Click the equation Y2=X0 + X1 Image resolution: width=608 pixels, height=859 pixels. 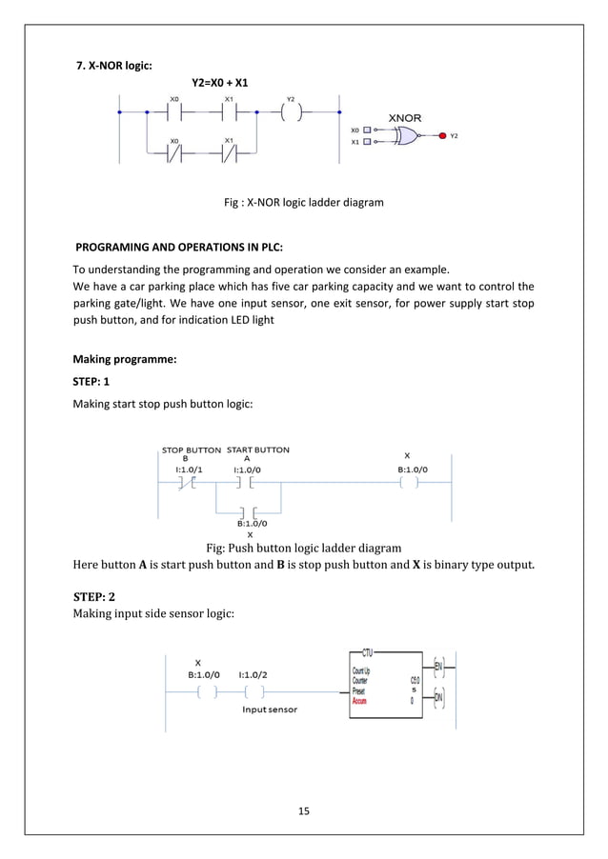[x=221, y=83]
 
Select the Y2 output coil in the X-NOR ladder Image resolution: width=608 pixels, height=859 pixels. [x=292, y=112]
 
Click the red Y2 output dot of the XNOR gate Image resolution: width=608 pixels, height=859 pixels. [x=441, y=136]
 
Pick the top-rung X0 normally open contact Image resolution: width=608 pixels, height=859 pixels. [x=173, y=112]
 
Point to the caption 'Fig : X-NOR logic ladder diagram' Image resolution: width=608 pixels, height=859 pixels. [x=303, y=202]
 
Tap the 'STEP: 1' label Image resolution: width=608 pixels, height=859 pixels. [x=92, y=382]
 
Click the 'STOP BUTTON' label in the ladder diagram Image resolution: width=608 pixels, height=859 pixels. [x=191, y=449]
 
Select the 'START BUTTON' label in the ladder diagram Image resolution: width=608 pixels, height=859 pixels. [x=258, y=449]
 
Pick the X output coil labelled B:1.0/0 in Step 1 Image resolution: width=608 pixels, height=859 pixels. [x=409, y=482]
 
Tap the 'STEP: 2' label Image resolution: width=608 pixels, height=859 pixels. [x=94, y=596]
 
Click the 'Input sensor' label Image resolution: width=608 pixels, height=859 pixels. [x=269, y=709]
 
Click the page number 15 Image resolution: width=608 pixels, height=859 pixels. [x=305, y=811]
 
